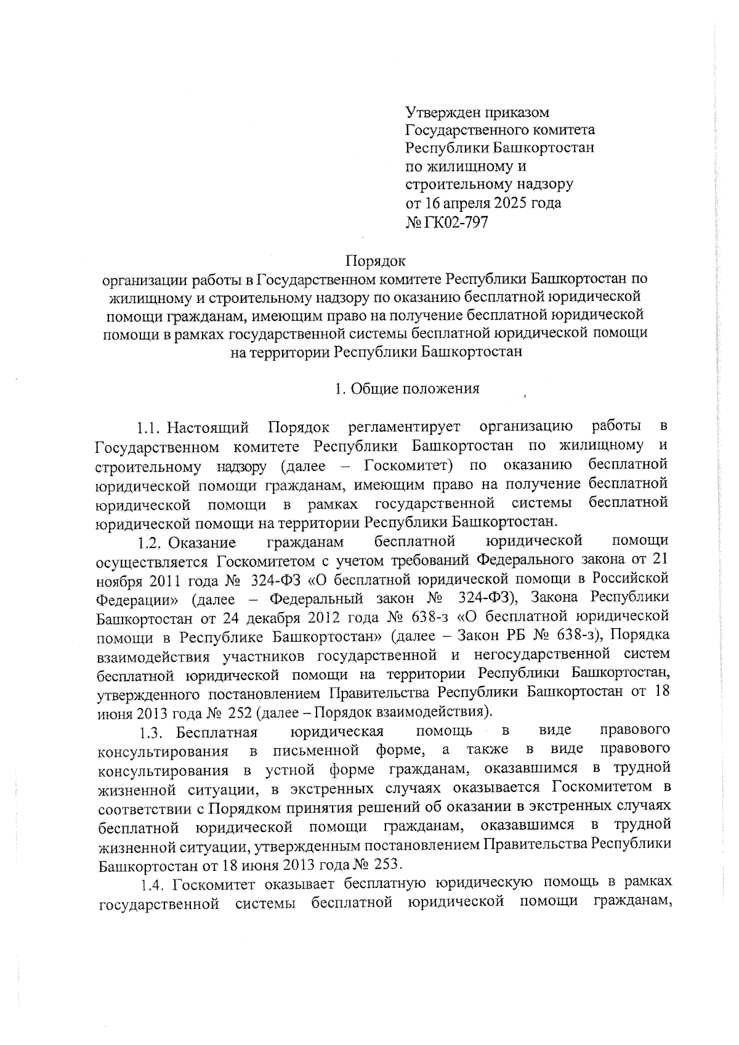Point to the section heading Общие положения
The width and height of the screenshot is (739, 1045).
(414, 389)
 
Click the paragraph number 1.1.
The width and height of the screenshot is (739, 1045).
(150, 427)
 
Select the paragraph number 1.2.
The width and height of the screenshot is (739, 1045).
(150, 543)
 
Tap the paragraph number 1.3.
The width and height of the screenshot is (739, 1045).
(150, 732)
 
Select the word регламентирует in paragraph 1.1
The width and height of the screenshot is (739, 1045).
(406, 427)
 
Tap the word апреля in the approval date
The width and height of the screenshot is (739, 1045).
(459, 203)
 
